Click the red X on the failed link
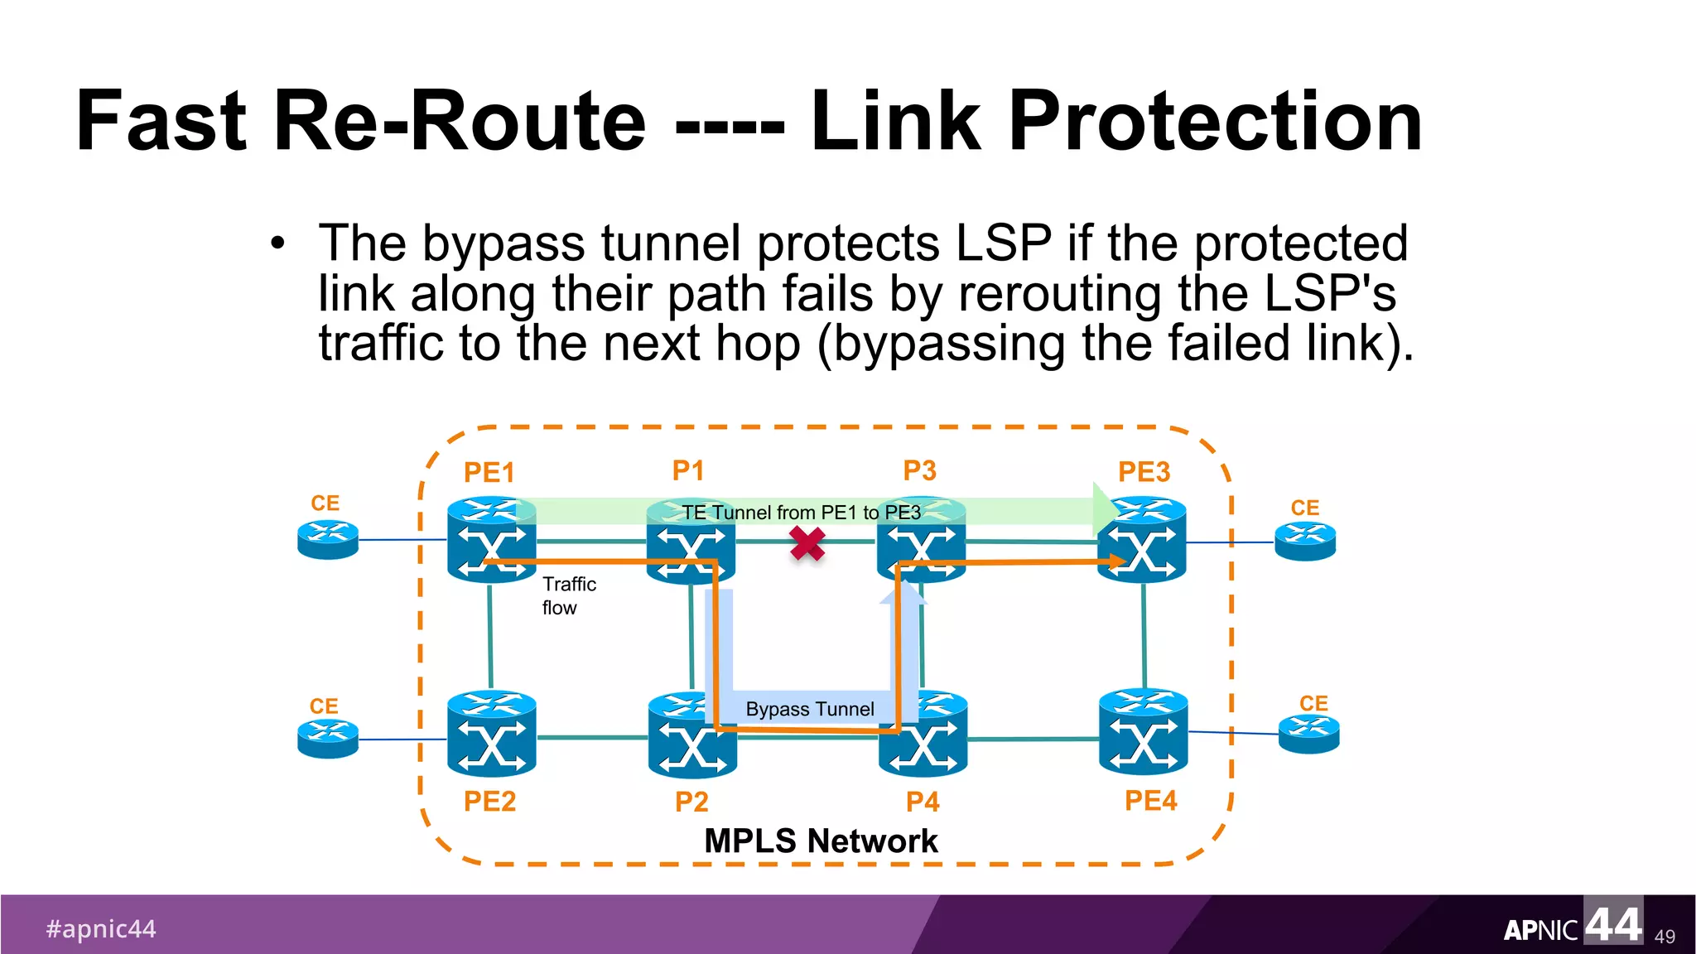[807, 544]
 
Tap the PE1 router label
[489, 473]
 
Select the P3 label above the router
[919, 470]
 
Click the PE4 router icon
[1143, 732]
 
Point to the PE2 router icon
[491, 734]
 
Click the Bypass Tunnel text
[809, 709]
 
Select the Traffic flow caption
[568, 595]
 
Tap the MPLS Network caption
[820, 841]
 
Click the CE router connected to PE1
[328, 540]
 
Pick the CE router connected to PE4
[1308, 734]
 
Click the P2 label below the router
[691, 802]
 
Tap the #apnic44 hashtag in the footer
[101, 928]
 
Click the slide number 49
[1665, 937]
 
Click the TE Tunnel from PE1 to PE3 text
[801, 513]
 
